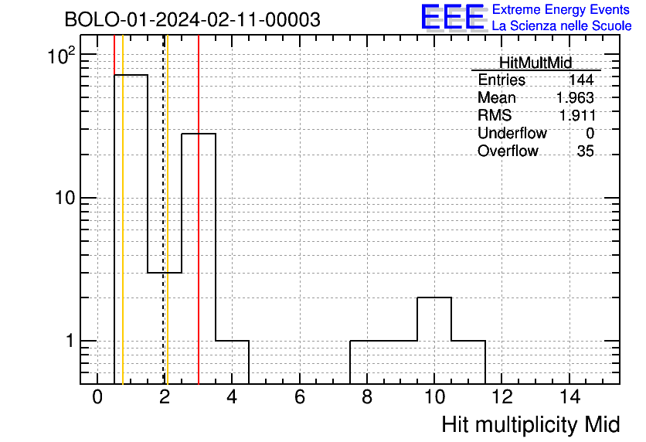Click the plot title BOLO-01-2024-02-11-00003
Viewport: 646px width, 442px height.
(192, 19)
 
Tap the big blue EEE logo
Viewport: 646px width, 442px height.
(453, 17)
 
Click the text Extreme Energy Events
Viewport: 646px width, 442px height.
(561, 9)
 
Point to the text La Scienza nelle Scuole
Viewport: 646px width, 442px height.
(562, 25)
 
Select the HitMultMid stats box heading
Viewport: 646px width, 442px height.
(535, 63)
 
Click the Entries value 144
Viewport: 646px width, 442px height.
(581, 80)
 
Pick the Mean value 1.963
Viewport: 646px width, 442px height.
(575, 97)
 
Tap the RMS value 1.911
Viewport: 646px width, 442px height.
(576, 115)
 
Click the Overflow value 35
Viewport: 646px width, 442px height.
(586, 151)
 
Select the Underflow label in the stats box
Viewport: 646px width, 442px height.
(512, 133)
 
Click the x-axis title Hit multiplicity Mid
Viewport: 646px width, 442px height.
(531, 425)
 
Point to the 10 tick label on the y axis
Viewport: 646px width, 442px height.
(65, 198)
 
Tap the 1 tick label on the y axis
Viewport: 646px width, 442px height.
(70, 341)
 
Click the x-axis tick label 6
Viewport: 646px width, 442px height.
(300, 397)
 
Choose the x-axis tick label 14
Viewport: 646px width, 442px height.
(570, 397)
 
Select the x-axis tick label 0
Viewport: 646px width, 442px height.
(97, 397)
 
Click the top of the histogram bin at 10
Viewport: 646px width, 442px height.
(434, 297)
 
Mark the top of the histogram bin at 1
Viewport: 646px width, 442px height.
(131, 75)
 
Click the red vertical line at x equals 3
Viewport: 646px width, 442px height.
(199, 209)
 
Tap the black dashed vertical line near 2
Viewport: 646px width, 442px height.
(164, 209)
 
